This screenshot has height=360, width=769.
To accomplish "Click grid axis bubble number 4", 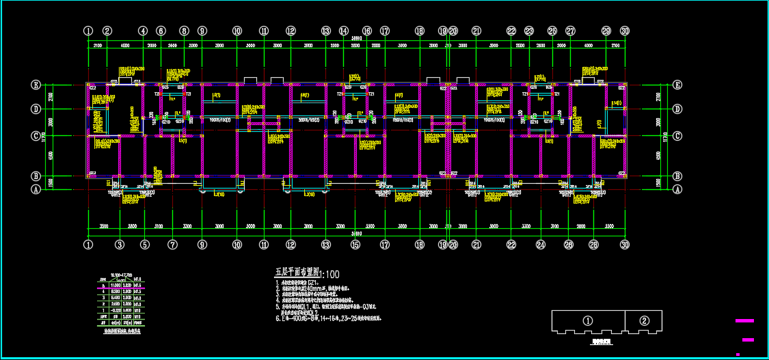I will click(x=142, y=31).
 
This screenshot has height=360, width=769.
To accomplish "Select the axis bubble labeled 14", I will click(x=344, y=31).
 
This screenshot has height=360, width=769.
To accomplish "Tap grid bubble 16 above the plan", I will click(x=367, y=31).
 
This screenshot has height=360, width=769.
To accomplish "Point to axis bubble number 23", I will click(x=529, y=31).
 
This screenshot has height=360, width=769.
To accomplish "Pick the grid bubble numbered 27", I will click(x=571, y=31).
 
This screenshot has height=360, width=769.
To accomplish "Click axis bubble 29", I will click(x=606, y=31).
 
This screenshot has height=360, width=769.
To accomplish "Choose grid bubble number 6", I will click(x=161, y=31).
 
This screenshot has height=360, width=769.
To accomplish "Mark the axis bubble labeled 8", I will click(x=184, y=31).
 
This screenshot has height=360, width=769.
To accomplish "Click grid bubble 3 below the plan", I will click(x=120, y=244).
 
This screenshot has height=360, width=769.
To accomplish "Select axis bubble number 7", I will click(x=172, y=244).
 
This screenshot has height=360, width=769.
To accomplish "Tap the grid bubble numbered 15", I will click(x=355, y=244).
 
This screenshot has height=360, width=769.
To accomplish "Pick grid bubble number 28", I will click(x=593, y=244).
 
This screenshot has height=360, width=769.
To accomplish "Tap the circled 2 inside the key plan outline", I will click(x=645, y=320).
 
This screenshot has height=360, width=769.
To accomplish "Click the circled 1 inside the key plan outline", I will click(x=587, y=320).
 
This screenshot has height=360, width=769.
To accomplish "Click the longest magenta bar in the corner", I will click(x=744, y=320).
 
